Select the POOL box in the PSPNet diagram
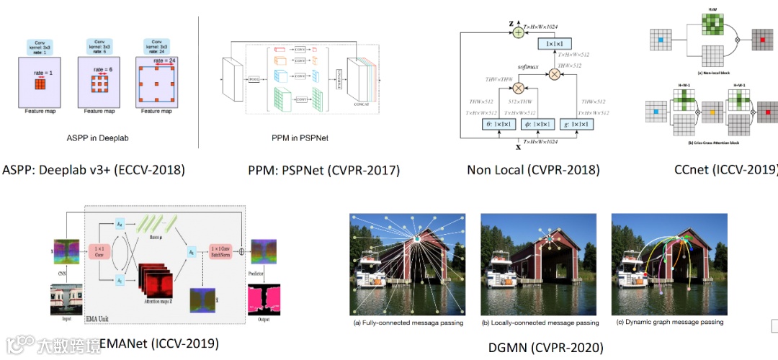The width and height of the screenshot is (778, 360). pyautogui.click(x=254, y=79)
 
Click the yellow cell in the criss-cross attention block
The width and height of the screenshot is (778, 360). pyautogui.click(x=712, y=113)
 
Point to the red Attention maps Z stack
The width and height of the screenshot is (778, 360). pyautogui.click(x=152, y=288)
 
